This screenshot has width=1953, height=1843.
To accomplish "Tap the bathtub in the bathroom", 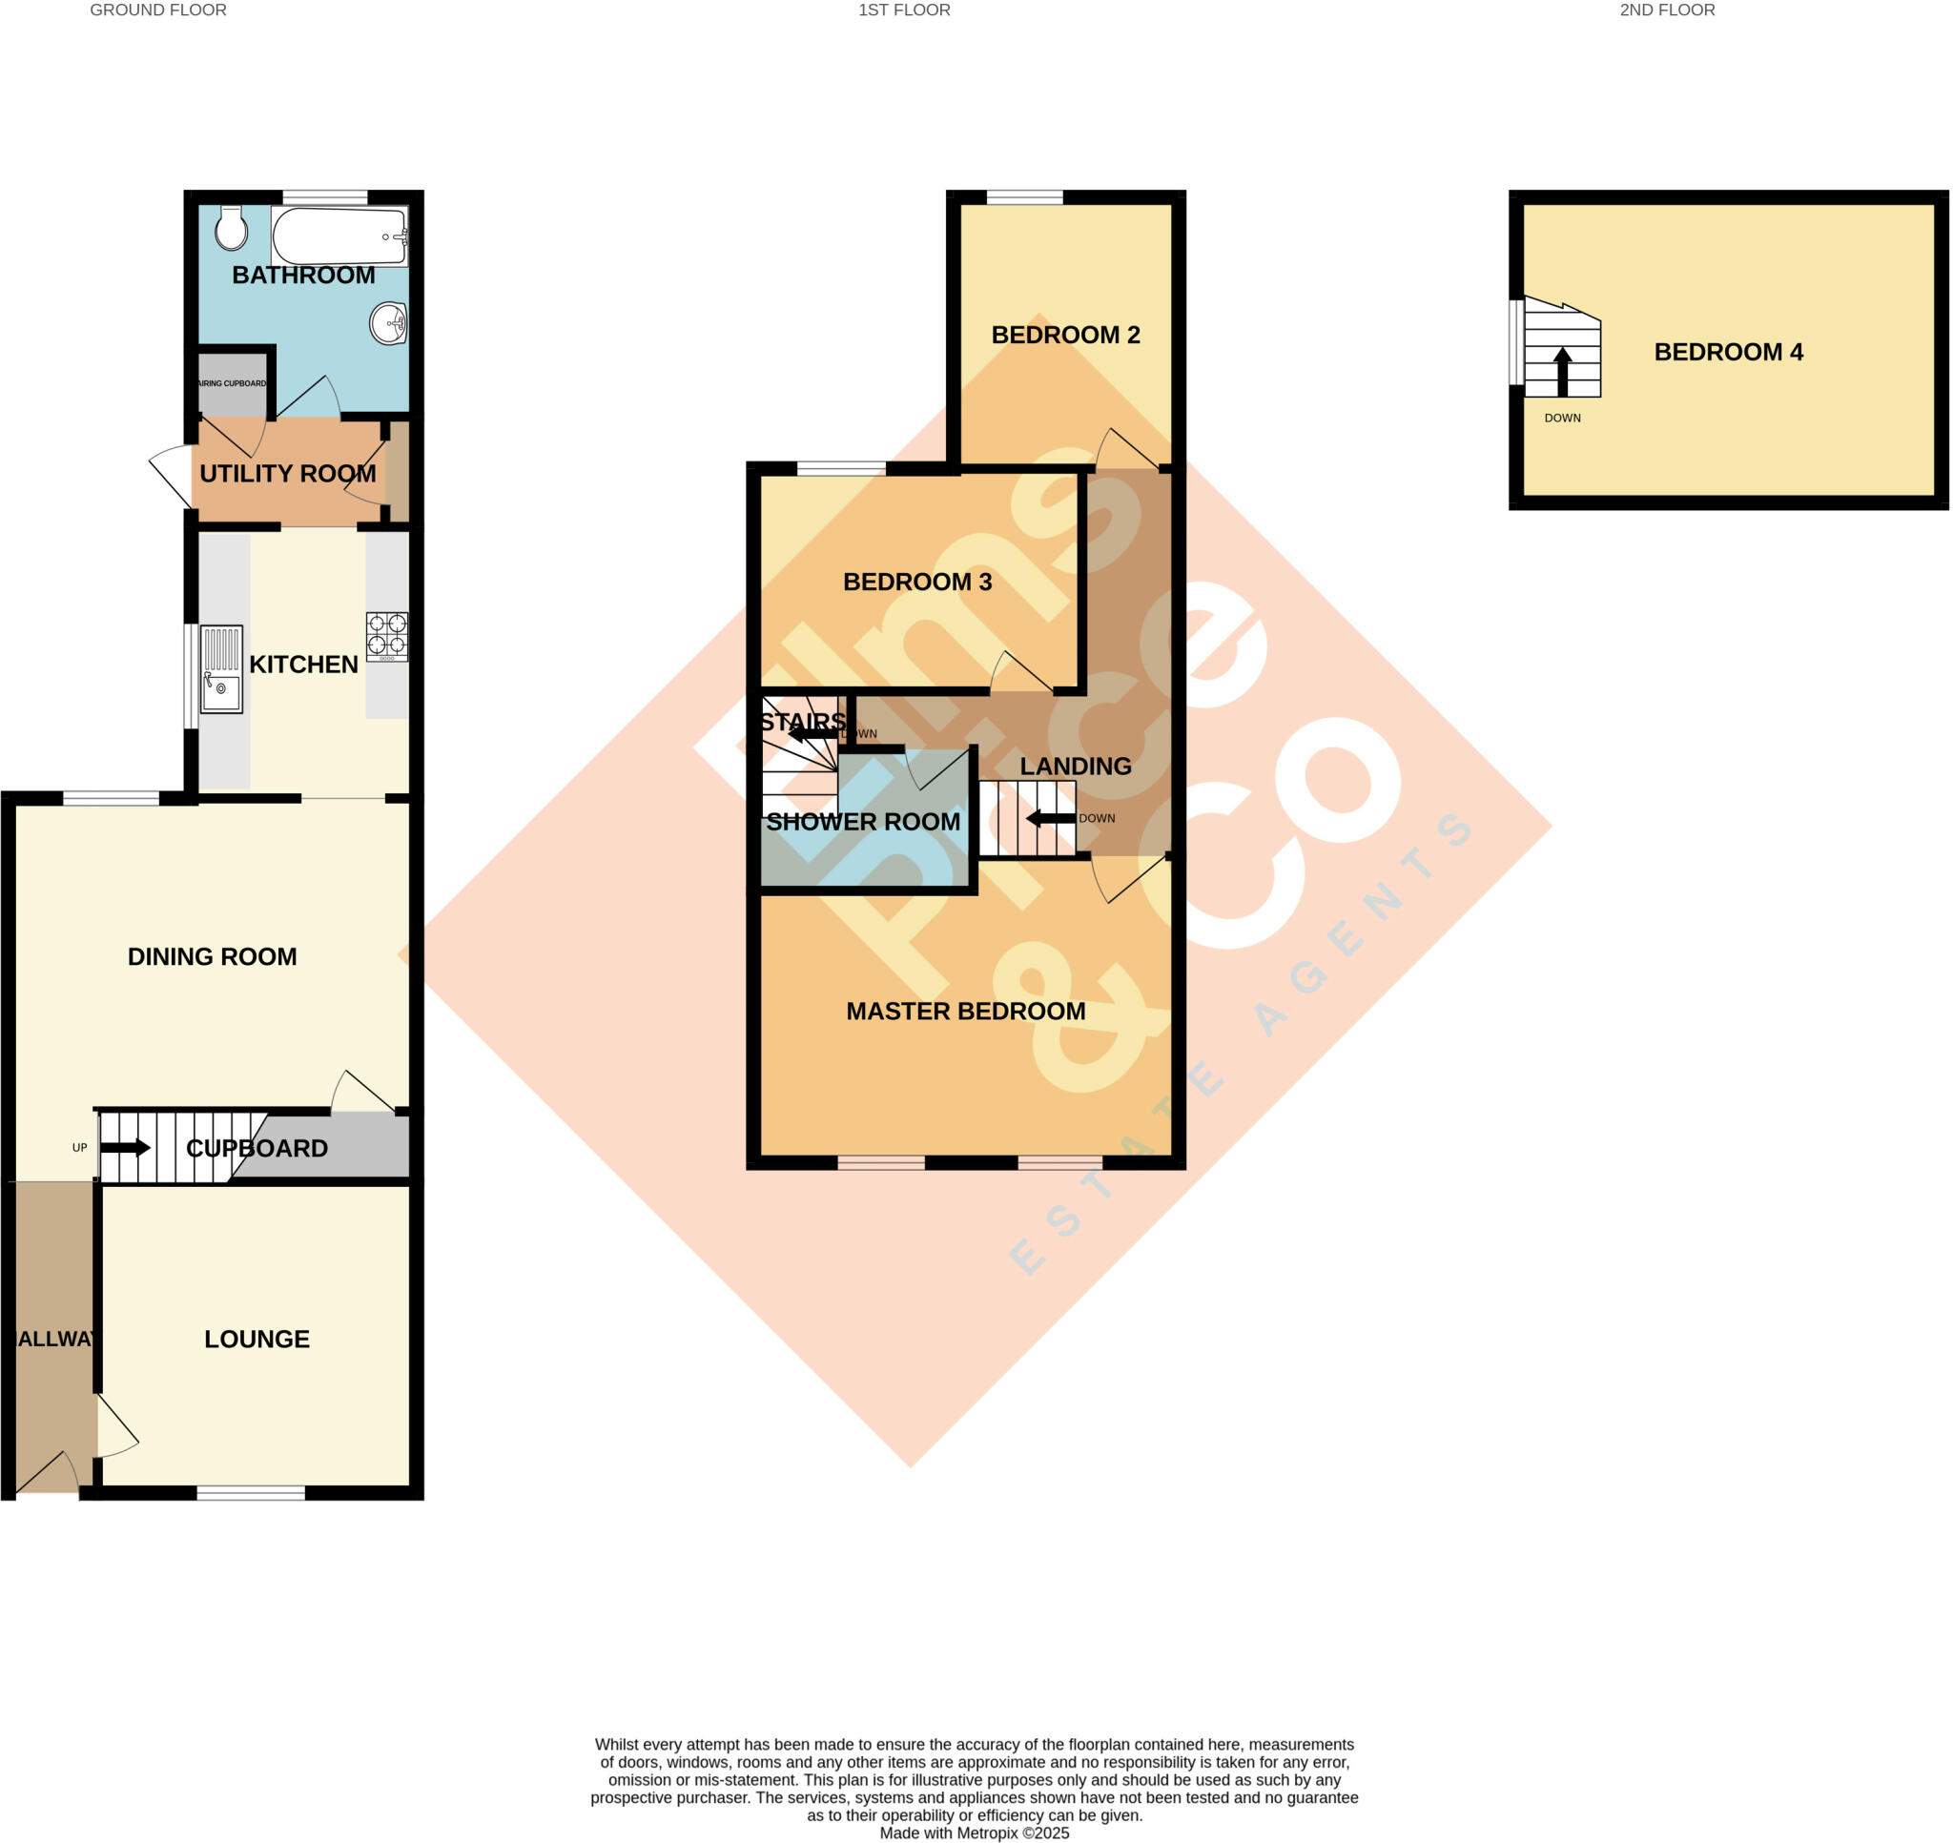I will click(x=339, y=235).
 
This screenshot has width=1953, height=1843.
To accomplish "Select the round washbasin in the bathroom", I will click(x=389, y=323).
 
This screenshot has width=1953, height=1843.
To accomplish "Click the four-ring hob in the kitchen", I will click(x=387, y=635).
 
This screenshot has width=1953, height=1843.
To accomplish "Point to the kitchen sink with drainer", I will click(x=221, y=669).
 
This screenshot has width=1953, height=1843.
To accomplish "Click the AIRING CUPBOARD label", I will click(x=232, y=383).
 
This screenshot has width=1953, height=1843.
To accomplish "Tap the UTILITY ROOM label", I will click(x=288, y=474).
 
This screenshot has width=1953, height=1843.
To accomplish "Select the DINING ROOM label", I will click(x=213, y=957).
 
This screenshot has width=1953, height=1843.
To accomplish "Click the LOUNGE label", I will click(x=257, y=1339).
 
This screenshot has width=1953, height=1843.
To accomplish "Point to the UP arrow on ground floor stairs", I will click(x=125, y=1147).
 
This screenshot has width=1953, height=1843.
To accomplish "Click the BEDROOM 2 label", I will click(x=1065, y=335).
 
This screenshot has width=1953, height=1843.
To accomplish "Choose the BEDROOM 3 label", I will click(x=916, y=582).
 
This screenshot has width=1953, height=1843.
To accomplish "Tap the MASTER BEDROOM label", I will click(x=966, y=1011).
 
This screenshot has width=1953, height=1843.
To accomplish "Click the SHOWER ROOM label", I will click(x=862, y=822).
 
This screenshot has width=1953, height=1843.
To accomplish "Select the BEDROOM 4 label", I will click(x=1728, y=352).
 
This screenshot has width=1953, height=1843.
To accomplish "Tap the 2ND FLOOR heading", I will click(x=1667, y=10).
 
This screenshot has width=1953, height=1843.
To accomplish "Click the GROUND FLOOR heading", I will click(x=158, y=10).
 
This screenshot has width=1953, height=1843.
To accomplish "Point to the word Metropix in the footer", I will click(x=988, y=1833).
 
